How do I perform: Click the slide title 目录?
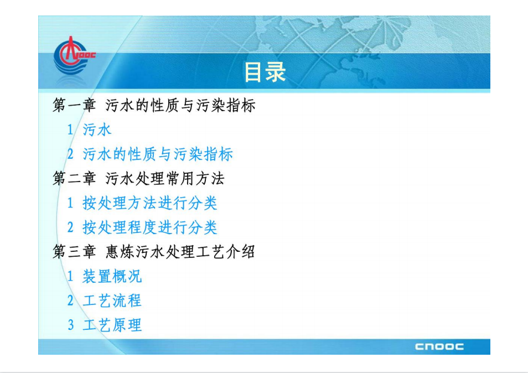(x=265, y=72)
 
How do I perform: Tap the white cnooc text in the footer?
(x=439, y=346)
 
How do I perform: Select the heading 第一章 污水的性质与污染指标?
(x=154, y=105)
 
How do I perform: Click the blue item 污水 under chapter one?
(x=97, y=129)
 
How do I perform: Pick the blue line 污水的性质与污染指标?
(x=158, y=154)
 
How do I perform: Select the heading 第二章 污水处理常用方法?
(x=138, y=178)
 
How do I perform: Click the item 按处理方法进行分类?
(x=150, y=203)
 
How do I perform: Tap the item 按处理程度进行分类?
(x=150, y=227)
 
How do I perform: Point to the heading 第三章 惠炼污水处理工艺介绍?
(x=154, y=252)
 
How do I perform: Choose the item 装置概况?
(x=112, y=276)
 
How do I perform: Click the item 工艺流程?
(x=112, y=301)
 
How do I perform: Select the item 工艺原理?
(x=112, y=325)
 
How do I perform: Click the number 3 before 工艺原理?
(x=71, y=325)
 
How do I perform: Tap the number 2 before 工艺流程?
(x=70, y=301)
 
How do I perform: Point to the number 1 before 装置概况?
(x=70, y=276)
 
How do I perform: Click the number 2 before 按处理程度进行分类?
(x=70, y=227)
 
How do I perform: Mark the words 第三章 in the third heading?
(x=74, y=252)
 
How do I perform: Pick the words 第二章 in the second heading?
(x=74, y=178)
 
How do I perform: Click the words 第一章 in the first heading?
(x=74, y=105)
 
